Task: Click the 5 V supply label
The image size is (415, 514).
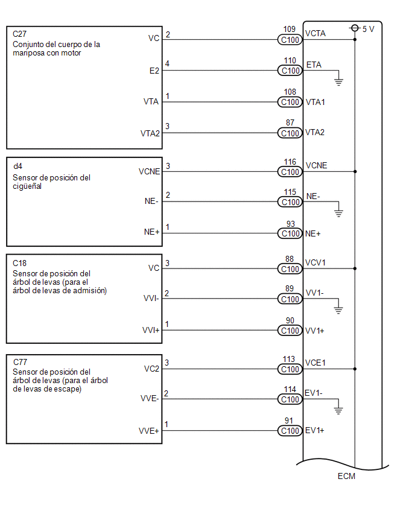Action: (368, 29)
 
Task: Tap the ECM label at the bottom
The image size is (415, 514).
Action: (346, 476)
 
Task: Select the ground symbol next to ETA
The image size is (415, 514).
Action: (338, 82)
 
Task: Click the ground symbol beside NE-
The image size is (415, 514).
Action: (338, 213)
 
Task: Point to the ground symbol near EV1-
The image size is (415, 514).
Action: (338, 410)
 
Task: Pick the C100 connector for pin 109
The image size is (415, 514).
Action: (290, 40)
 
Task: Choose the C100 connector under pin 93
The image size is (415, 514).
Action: (290, 233)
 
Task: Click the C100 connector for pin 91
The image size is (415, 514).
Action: (290, 431)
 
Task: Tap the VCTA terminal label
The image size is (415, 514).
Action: (315, 33)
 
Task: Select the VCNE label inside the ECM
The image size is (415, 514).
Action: (316, 165)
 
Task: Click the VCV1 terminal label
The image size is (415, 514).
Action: (315, 262)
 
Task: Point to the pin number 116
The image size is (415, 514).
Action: (290, 162)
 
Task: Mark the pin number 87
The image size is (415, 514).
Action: (290, 122)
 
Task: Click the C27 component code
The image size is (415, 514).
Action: (20, 34)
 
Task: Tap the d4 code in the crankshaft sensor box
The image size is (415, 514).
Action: (17, 166)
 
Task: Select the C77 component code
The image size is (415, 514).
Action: (20, 362)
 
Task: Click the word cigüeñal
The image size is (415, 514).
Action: (27, 186)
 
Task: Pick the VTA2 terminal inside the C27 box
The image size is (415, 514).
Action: (150, 133)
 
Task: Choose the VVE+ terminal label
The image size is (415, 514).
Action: (149, 431)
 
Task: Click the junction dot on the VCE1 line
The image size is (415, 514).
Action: (355, 369)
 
